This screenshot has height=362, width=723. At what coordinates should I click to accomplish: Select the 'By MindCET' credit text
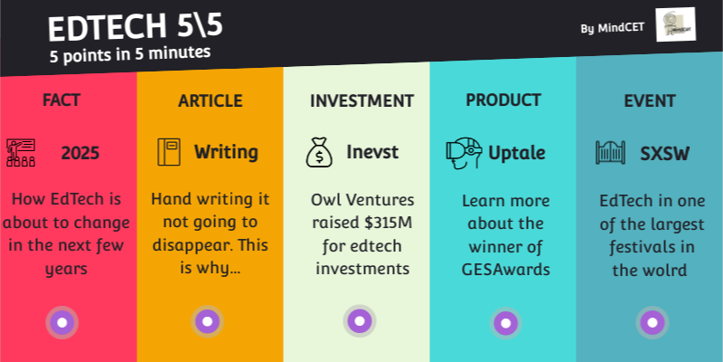613,28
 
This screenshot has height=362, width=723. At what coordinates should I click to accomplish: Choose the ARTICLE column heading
210,100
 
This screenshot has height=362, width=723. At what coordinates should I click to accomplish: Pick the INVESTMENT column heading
361,100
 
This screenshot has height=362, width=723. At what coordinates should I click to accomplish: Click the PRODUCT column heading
503,100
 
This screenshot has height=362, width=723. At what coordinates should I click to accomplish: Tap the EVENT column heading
651,100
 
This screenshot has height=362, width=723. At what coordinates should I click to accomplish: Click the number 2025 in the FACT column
80,153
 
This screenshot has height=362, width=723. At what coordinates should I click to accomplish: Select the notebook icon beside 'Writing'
169,152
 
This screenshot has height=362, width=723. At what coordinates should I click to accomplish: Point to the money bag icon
318,152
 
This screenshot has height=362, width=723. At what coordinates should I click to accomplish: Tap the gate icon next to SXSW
611,152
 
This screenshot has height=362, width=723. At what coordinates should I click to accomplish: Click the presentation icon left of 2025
21,151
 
